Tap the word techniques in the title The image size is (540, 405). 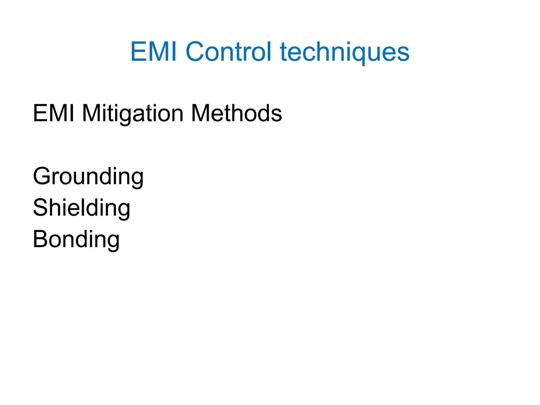pyautogui.click(x=345, y=52)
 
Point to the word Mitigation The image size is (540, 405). pyautogui.click(x=133, y=114)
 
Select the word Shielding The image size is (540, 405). pyautogui.click(x=81, y=208)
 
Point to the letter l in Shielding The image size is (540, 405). pyautogui.click(x=89, y=207)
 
